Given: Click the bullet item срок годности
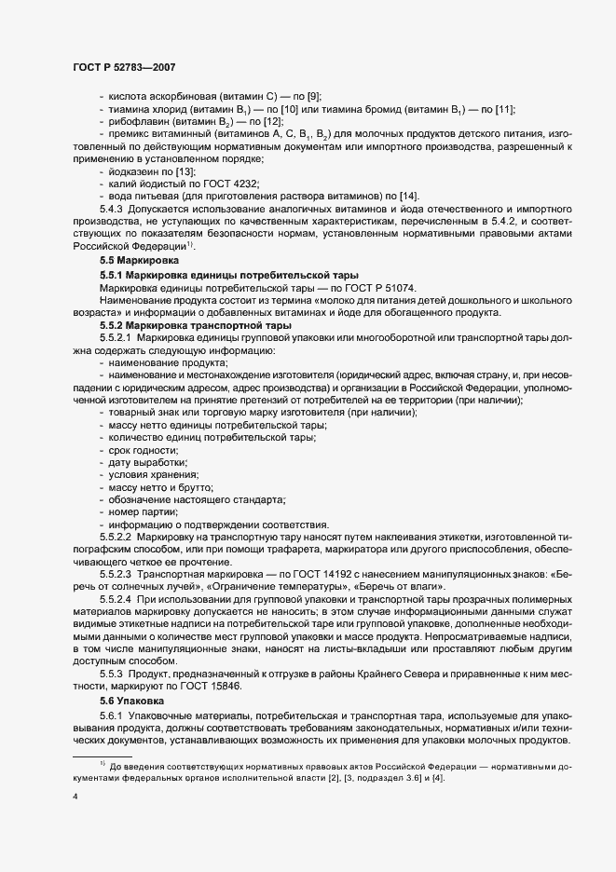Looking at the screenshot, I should (138, 450).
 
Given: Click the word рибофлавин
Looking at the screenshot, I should (138, 122).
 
